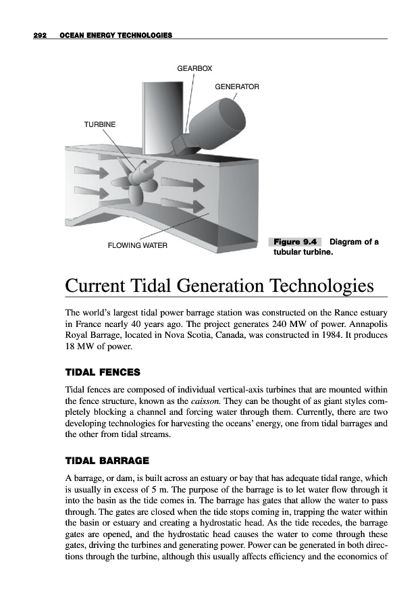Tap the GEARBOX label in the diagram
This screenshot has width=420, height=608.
(194, 69)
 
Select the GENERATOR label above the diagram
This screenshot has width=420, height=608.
(236, 86)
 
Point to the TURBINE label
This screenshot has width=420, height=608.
(99, 125)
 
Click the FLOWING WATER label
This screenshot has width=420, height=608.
(137, 245)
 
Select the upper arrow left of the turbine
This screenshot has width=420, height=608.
(88, 172)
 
